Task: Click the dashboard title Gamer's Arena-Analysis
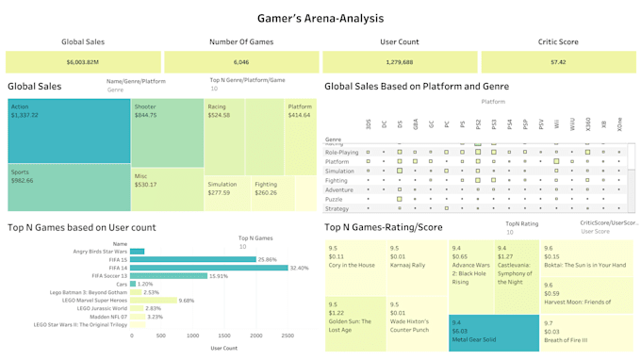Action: click(320, 18)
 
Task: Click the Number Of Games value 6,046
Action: click(240, 62)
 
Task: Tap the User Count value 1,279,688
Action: click(400, 62)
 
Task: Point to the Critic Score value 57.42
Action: click(558, 62)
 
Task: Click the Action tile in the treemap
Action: click(68, 132)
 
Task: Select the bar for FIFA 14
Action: click(209, 268)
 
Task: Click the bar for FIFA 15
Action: click(193, 259)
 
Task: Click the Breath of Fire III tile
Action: click(583, 331)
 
